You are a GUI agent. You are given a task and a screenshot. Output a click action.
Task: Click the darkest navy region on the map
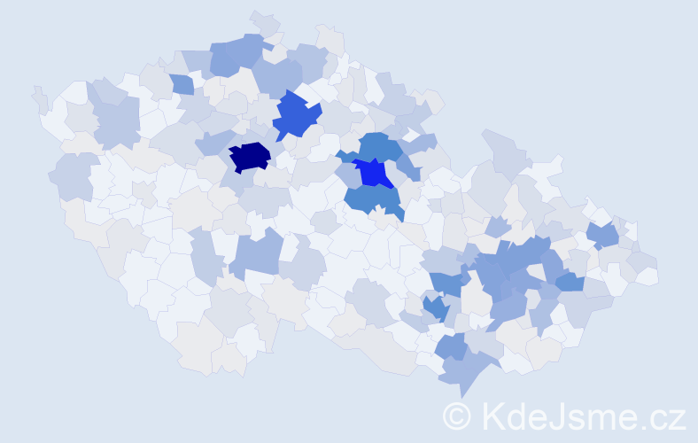click(249, 156)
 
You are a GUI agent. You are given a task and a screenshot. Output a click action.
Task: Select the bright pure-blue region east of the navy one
click(374, 173)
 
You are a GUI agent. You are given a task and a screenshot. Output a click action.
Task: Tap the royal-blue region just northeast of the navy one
click(296, 115)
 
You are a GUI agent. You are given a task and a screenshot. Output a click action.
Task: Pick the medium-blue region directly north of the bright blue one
click(380, 146)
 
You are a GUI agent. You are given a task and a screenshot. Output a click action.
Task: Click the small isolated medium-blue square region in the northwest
click(182, 84)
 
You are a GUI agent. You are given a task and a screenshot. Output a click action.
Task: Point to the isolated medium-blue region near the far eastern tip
click(603, 235)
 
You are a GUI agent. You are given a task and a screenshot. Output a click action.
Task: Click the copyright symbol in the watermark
click(457, 416)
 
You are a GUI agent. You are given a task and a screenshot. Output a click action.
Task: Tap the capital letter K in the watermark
click(492, 416)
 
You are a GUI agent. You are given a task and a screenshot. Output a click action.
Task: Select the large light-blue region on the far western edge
click(74, 175)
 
